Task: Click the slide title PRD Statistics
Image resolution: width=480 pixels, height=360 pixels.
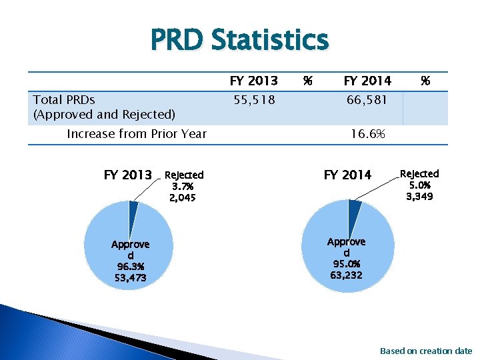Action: pos(239,39)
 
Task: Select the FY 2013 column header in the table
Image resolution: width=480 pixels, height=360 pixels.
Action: pos(253,81)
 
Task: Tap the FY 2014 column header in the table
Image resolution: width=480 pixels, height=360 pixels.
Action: pos(367,81)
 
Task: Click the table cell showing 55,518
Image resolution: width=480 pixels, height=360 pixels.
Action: pos(253,100)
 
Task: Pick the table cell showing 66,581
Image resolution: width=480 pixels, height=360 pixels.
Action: pos(367,100)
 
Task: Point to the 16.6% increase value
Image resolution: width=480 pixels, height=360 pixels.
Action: pos(367,134)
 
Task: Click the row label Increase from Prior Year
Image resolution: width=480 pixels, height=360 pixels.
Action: pos(137,134)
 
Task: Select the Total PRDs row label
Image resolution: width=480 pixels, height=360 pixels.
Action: pos(64,100)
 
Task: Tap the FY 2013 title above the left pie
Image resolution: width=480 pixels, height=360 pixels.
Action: pos(128,175)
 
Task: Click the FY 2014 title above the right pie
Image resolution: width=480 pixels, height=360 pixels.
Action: pos(347,175)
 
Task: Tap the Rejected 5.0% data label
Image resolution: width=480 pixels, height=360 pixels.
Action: pos(419,185)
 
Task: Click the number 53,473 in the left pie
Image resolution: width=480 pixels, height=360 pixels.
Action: pos(130,277)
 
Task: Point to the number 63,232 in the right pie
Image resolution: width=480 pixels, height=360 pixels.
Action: pos(347,275)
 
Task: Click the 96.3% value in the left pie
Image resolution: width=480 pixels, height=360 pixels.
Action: pos(130,267)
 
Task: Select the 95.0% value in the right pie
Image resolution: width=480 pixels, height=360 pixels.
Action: pos(347,264)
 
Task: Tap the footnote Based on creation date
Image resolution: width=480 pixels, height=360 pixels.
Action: pos(425,351)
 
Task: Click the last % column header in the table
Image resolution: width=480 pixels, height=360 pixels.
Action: pos(425,81)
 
